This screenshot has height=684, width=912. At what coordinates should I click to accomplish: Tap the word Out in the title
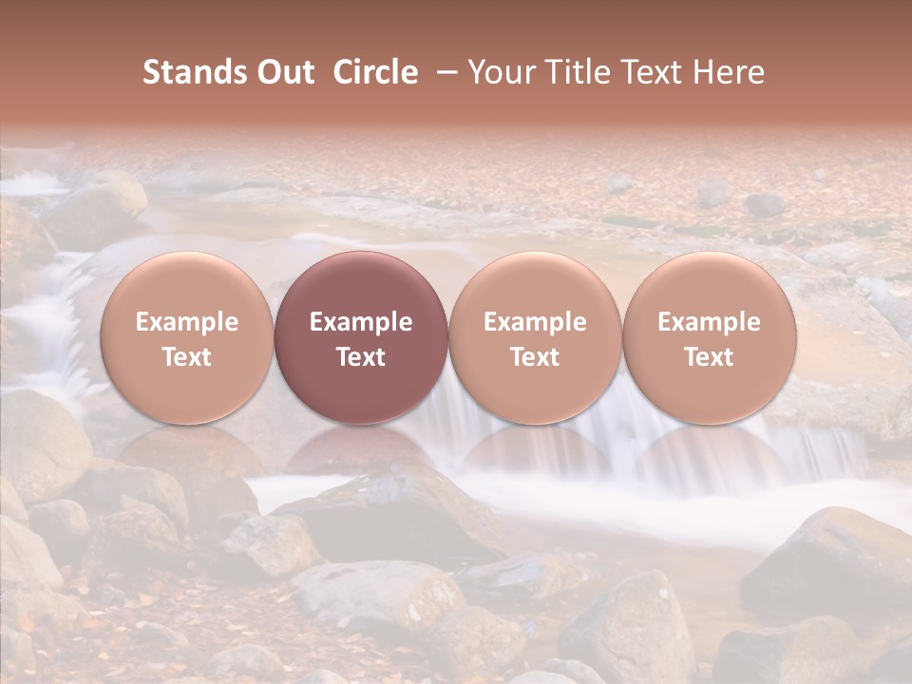tap(283, 73)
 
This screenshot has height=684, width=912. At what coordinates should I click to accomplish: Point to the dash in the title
tap(444, 73)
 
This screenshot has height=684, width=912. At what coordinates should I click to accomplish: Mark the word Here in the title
tap(731, 73)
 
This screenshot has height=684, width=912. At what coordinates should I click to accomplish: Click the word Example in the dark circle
tap(361, 322)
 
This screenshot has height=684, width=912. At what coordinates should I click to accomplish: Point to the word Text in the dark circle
tap(361, 357)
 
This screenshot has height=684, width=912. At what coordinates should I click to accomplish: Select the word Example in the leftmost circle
tap(187, 322)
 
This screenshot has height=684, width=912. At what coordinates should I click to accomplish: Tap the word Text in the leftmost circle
tap(187, 357)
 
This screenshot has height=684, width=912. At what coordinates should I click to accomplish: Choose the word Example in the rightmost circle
tap(710, 322)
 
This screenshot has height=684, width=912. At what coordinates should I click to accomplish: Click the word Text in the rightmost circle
tap(710, 357)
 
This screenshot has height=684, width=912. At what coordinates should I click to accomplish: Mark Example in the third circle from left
tap(535, 322)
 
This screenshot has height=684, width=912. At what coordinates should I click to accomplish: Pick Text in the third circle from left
tap(535, 357)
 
